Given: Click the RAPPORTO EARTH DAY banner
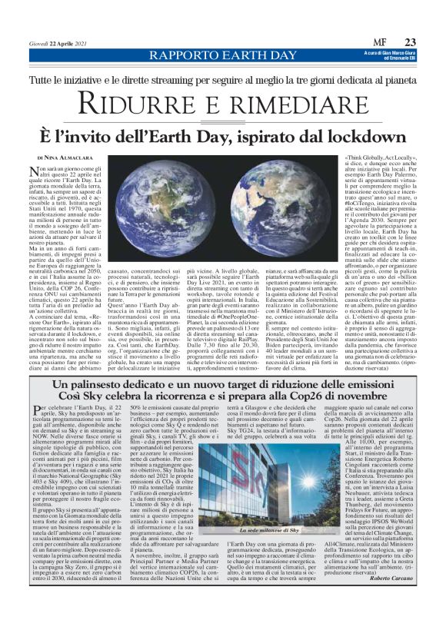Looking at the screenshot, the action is (x=223, y=55).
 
